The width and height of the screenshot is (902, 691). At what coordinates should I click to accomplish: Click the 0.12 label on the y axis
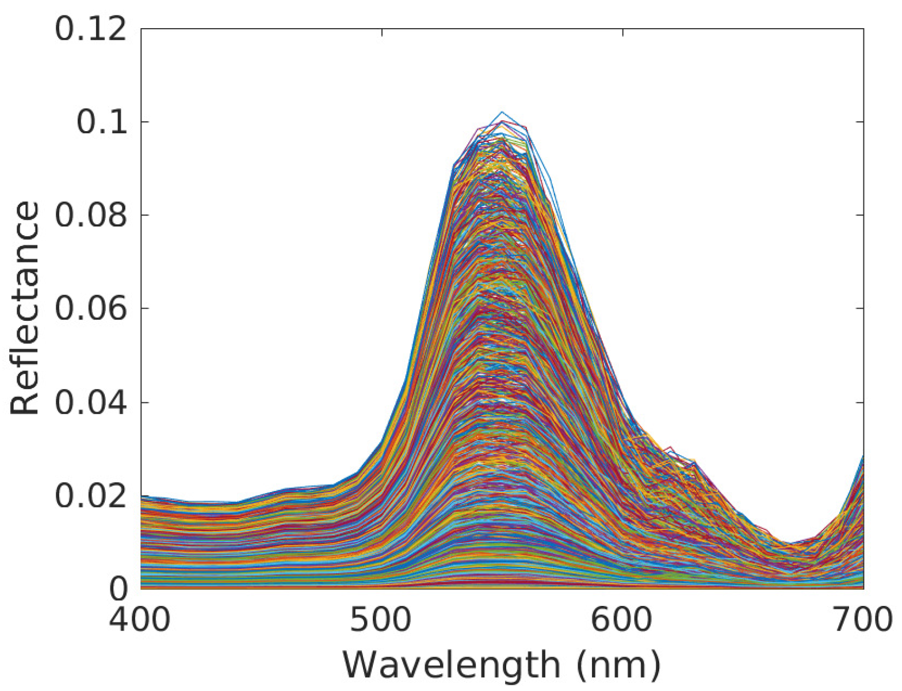point(90,29)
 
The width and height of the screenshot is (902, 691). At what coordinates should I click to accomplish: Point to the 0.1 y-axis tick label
point(101,122)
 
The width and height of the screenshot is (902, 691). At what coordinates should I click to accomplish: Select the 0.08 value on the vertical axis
point(90,215)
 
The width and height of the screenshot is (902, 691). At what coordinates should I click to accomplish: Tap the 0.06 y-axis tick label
point(90,309)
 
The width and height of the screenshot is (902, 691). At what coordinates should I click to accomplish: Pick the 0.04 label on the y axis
point(90,402)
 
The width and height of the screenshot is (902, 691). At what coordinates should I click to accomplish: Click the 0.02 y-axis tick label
point(90,495)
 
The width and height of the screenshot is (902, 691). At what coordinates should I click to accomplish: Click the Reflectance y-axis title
point(25,308)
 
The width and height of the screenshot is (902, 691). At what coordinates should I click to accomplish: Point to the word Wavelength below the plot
point(451,666)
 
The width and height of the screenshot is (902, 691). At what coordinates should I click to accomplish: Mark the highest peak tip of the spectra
point(502,112)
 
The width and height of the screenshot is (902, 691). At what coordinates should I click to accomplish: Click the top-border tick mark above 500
point(382,32)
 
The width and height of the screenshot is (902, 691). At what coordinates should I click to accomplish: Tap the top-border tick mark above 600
point(623,32)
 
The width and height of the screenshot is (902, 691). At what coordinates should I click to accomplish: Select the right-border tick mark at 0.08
point(859,215)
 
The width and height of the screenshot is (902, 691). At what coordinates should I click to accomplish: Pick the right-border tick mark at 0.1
point(859,122)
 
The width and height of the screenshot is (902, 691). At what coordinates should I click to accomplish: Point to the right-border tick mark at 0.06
point(859,308)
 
